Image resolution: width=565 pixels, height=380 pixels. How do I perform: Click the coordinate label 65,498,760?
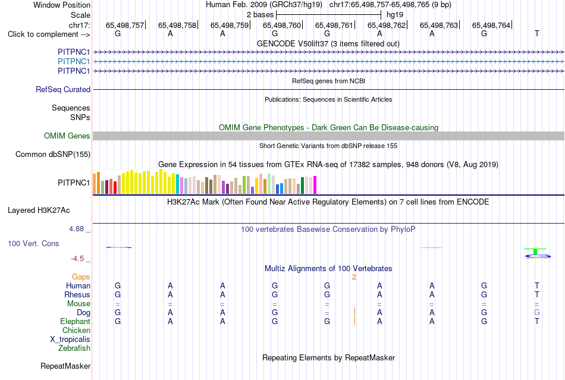[282, 25]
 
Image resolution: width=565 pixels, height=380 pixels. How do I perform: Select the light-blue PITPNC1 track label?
[74, 62]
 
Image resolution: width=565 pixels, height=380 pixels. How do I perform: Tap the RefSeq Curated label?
[63, 89]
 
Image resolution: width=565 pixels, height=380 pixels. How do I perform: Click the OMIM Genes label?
[67, 136]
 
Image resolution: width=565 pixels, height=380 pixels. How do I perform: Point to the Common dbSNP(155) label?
[53, 154]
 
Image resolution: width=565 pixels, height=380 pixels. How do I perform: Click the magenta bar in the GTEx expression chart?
[315, 185]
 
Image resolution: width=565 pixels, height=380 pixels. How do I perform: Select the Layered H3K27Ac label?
[39, 211]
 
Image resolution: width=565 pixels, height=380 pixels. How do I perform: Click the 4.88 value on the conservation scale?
[76, 229]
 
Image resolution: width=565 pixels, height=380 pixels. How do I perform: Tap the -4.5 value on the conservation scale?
[77, 259]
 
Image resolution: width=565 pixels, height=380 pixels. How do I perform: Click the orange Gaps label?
[81, 277]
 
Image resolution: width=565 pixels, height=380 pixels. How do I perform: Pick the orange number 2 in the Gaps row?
[354, 277]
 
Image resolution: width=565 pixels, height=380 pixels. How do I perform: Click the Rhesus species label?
[77, 294]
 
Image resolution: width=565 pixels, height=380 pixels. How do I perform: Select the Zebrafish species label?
[74, 348]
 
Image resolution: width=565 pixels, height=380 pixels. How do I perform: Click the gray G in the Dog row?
[537, 313]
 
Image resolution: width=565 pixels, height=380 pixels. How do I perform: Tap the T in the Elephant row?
[537, 321]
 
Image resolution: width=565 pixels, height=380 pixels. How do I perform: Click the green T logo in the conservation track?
[535, 251]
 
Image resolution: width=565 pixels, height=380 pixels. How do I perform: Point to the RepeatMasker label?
[65, 366]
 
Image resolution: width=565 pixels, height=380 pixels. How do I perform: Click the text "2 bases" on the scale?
[260, 15]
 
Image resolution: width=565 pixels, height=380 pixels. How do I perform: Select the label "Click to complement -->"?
[49, 34]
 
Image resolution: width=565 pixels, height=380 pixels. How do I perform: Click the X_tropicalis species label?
[70, 340]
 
